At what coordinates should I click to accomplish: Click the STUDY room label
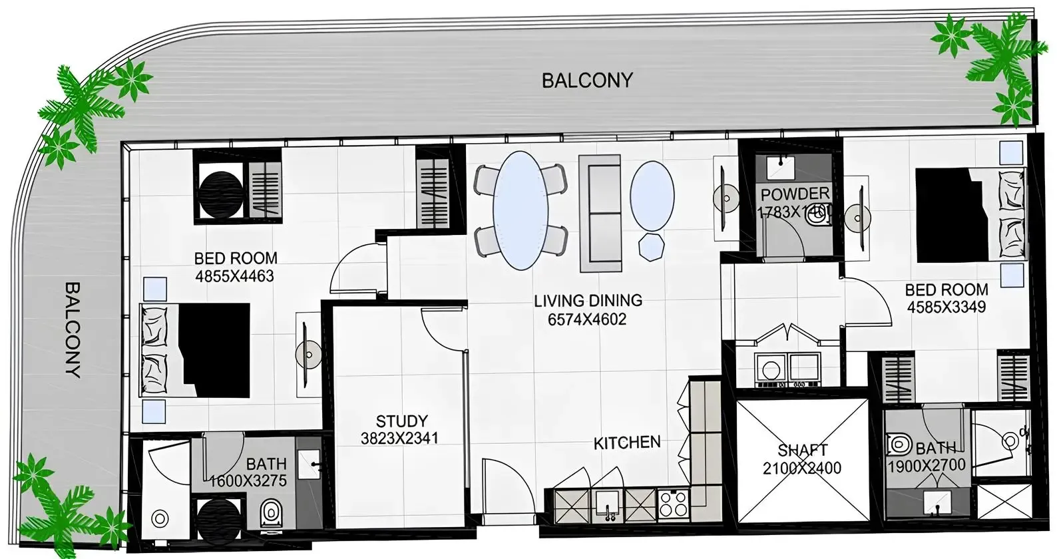(x=401, y=421)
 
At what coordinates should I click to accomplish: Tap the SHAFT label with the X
(x=802, y=451)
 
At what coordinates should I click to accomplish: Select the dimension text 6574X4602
(x=587, y=319)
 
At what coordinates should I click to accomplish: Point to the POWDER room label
(x=795, y=194)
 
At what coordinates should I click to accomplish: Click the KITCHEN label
(x=627, y=443)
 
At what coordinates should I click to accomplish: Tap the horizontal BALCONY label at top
(x=586, y=81)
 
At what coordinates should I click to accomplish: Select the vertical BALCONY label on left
(x=73, y=329)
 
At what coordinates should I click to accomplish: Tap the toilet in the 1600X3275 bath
(x=270, y=513)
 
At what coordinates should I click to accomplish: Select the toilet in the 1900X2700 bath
(x=899, y=444)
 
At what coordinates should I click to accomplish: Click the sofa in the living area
(x=600, y=213)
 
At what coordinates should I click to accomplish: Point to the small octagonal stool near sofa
(x=651, y=246)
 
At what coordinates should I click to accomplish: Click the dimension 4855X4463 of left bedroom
(x=234, y=276)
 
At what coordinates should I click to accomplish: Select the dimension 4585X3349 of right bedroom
(x=946, y=307)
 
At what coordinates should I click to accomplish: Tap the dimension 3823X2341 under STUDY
(x=399, y=439)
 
